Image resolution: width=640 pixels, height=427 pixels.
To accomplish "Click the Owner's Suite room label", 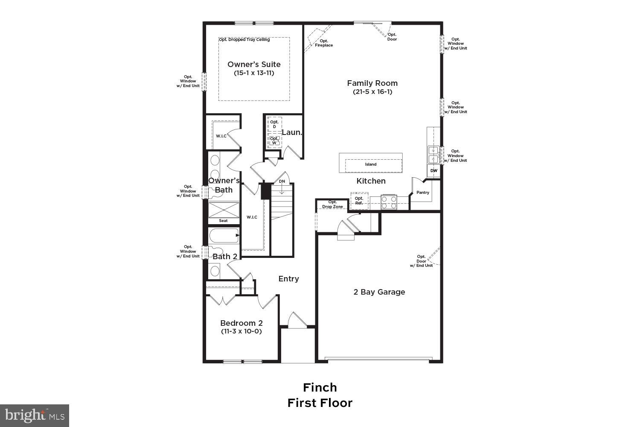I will [x=254, y=64].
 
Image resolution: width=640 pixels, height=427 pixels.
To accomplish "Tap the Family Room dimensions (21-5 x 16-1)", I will [x=372, y=92].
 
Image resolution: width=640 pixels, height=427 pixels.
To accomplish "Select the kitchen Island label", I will [x=371, y=164].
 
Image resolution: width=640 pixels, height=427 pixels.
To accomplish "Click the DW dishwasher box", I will [x=433, y=171].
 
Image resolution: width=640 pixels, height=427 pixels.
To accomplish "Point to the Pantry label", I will [x=423, y=193].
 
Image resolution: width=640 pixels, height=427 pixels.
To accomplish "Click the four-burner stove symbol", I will [x=389, y=202].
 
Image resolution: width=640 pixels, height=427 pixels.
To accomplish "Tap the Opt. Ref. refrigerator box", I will [x=359, y=201].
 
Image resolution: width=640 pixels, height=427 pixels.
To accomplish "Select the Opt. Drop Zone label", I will [x=332, y=205].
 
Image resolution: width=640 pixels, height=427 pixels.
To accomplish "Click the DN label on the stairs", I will [x=282, y=181].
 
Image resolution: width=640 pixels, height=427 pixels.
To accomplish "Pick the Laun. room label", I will [x=292, y=132].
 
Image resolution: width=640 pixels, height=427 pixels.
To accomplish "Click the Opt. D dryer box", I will [x=274, y=124].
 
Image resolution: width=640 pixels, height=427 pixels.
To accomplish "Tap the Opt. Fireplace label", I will [x=324, y=43].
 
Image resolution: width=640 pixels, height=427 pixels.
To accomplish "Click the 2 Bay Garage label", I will [x=379, y=292].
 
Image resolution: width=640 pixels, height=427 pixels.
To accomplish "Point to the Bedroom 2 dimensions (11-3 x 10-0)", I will [x=241, y=331].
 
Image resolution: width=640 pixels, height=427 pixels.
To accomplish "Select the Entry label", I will [x=288, y=279].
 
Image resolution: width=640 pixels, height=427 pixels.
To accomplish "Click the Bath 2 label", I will [x=225, y=257].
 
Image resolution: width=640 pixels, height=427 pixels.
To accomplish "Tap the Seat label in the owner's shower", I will [x=223, y=221].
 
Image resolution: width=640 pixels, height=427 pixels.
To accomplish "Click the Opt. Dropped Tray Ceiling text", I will [x=244, y=40].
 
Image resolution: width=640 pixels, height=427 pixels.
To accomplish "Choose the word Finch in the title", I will [x=320, y=387].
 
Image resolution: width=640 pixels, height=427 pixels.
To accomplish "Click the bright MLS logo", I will [x=35, y=415].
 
